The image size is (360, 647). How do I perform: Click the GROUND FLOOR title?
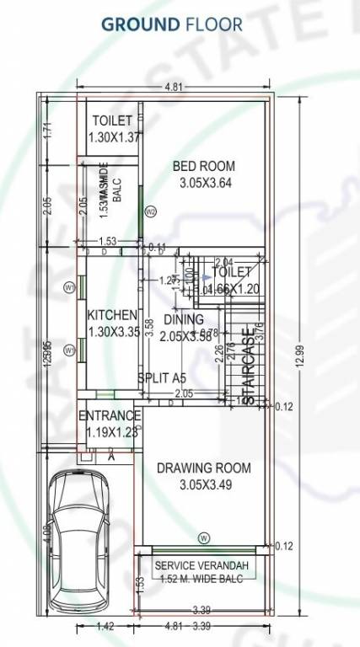pos(171,24)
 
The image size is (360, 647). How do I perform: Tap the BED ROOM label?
pos(203,166)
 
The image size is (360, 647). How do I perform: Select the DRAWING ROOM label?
pos(203,468)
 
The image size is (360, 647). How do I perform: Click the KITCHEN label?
pos(112,315)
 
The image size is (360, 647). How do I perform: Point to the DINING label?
pos(183,319)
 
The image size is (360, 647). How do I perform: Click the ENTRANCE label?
pos(109,416)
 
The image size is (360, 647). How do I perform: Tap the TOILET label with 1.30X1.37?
pos(112,121)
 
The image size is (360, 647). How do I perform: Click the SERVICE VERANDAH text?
pos(202,564)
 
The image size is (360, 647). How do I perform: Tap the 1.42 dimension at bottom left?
pos(105,627)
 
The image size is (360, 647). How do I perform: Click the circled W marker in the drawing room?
pos(203,537)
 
